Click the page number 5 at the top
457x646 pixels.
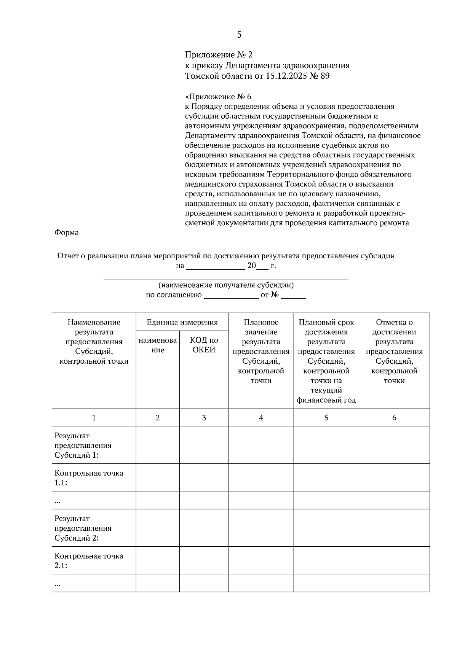pyautogui.click(x=239, y=35)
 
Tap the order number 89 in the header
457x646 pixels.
pyautogui.click(x=325, y=76)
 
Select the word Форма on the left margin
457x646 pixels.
pyautogui.click(x=67, y=232)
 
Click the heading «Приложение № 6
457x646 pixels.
pyautogui.click(x=218, y=96)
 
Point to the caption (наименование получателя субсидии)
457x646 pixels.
pyautogui.click(x=226, y=285)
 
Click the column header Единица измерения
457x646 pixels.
pyautogui.click(x=182, y=322)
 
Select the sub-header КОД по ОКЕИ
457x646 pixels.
pyautogui.click(x=204, y=345)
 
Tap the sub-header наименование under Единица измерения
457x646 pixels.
pyautogui.click(x=158, y=345)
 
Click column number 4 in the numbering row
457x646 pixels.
pyautogui.click(x=261, y=417)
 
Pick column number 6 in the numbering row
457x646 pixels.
pyautogui.click(x=394, y=417)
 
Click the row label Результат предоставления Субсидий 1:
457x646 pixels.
pyautogui.click(x=83, y=445)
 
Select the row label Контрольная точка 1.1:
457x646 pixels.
pyautogui.click(x=89, y=478)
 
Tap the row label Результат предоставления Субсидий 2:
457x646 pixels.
pyautogui.click(x=83, y=528)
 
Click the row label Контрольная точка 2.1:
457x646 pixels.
pyautogui.click(x=89, y=560)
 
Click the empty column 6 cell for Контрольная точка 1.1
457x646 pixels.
pyautogui.click(x=394, y=477)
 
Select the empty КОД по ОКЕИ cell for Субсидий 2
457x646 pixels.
pyautogui.click(x=204, y=528)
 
